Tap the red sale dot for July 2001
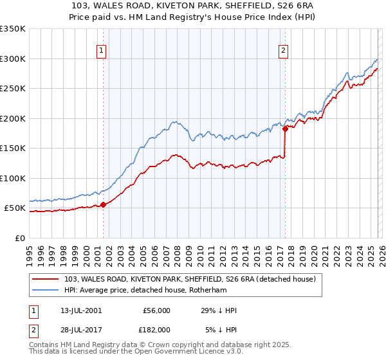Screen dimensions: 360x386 tap(103, 204)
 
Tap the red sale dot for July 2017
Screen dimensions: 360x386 tap(284, 129)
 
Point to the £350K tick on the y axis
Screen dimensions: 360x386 tap(13, 29)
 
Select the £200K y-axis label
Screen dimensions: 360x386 tap(13, 118)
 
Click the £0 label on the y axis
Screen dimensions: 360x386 tap(21, 238)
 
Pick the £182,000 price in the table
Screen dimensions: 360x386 tap(156, 329)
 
